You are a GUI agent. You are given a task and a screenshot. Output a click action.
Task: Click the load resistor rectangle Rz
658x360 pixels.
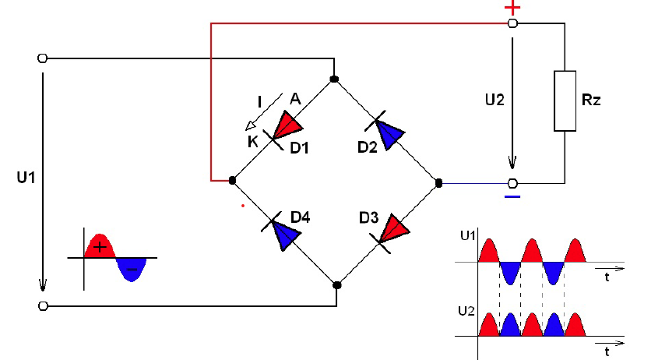[x=565, y=101]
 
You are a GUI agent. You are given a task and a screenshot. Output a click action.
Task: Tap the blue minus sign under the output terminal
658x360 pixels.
[x=512, y=196]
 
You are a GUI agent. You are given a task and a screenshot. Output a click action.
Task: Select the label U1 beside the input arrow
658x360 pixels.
[x=26, y=178]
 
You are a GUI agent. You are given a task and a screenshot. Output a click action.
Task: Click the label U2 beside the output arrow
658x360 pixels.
[x=494, y=100]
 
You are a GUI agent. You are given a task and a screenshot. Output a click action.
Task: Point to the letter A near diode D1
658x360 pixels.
[x=295, y=99]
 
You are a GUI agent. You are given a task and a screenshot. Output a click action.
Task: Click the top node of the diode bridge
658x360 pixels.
[x=334, y=79]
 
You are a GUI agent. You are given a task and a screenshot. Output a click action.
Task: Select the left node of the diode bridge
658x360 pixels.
[x=232, y=181]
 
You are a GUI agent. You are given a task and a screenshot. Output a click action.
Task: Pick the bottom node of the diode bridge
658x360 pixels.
[x=336, y=285]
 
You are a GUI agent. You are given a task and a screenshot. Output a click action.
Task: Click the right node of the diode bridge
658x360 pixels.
[x=438, y=183]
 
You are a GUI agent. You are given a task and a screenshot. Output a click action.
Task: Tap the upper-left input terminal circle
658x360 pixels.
[x=42, y=58]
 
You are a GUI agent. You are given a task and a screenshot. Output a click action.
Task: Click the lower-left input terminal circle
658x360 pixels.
[x=42, y=305]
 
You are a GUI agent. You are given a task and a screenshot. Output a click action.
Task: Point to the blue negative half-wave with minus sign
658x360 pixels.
[x=131, y=270]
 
